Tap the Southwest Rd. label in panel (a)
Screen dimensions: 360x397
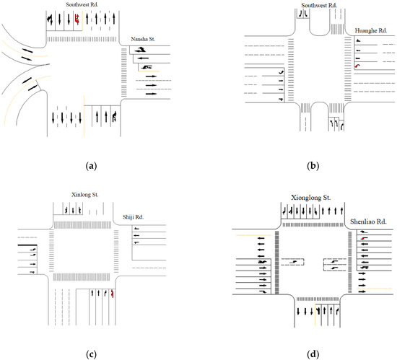[x=83, y=4]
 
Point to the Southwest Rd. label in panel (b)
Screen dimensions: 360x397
[x=319, y=5]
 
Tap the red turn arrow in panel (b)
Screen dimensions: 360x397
[x=357, y=66]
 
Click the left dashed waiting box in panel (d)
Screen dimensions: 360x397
[x=293, y=263]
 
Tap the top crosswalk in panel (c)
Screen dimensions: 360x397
[x=84, y=225]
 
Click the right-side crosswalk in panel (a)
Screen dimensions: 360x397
[x=123, y=74]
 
